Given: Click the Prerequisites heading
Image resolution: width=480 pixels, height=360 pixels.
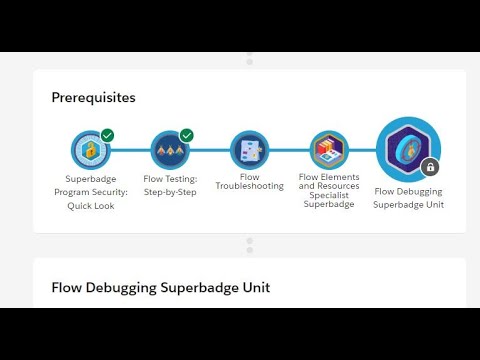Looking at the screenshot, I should pyautogui.click(x=94, y=98).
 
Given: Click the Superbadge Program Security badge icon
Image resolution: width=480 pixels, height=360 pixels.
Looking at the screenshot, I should pyautogui.click(x=90, y=151).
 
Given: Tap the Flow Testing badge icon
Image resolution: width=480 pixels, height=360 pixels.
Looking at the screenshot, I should pyautogui.click(x=170, y=151).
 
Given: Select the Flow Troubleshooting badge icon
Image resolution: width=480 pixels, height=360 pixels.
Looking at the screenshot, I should pyautogui.click(x=249, y=151).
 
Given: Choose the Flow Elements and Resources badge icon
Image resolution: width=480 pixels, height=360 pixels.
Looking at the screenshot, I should pyautogui.click(x=329, y=151).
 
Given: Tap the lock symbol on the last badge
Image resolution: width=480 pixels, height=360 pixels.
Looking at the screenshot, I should pyautogui.click(x=430, y=167).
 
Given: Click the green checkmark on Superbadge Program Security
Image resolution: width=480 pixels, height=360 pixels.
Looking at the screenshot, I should pyautogui.click(x=107, y=135).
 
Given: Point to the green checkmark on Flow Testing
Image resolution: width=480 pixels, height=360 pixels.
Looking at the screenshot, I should pyautogui.click(x=187, y=135).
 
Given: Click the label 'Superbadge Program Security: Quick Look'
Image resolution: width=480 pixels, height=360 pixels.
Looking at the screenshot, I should pyautogui.click(x=90, y=192).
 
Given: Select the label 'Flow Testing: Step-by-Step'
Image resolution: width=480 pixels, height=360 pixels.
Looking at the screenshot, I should pyautogui.click(x=170, y=185).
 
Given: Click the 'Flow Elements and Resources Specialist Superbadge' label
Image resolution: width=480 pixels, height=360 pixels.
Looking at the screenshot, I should pyautogui.click(x=329, y=190).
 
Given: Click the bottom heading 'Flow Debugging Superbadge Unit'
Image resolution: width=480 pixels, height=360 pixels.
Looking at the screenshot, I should pyautogui.click(x=160, y=287).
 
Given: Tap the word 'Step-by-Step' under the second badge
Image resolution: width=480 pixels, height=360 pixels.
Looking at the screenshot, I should pyautogui.click(x=170, y=192).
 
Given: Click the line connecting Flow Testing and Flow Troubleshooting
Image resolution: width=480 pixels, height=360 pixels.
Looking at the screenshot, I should pyautogui.click(x=210, y=151).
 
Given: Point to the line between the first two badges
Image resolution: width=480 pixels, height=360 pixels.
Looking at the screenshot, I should pyautogui.click(x=130, y=151).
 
